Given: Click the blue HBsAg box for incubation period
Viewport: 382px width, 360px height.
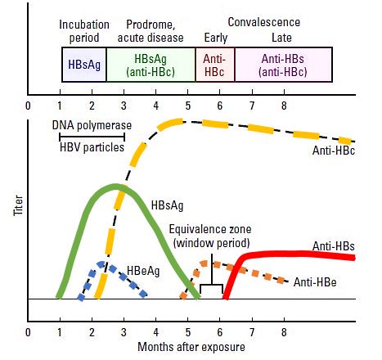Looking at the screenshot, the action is point(84,65).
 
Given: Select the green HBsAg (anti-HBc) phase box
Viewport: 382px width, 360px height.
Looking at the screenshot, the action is point(151,65).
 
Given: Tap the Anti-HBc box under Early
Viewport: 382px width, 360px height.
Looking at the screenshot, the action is point(215,65).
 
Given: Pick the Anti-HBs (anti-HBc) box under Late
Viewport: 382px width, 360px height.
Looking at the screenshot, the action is point(284,65).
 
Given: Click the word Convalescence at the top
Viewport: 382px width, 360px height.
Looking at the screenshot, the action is point(264,22).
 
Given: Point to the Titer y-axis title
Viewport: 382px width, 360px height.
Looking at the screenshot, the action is point(18,205).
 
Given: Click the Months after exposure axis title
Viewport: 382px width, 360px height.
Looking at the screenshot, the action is point(191,347).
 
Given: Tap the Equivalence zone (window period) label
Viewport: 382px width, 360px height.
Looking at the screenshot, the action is point(210,236).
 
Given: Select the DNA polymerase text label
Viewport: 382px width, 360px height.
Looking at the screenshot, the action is point(92,125).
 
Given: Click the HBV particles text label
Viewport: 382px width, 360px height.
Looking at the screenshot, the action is point(92,147).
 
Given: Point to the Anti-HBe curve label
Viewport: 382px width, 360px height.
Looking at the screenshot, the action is point(315,282).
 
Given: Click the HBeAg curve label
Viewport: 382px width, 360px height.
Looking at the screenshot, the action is point(143,271).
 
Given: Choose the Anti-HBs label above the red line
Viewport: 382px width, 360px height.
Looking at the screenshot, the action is point(334,246).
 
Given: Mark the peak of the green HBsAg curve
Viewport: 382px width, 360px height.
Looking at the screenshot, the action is point(116,187).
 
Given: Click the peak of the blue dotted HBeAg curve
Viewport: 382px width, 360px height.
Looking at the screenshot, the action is point(101,264).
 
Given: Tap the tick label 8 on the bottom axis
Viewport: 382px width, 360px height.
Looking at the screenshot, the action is point(284,332).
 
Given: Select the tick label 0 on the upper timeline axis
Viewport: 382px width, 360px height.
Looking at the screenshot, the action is point(28,106).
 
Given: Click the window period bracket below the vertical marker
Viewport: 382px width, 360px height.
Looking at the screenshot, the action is point(212,285).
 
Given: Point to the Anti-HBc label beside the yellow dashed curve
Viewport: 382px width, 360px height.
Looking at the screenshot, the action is point(334,151).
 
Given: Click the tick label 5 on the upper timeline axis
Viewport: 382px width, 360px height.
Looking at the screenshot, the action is point(188,106).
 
